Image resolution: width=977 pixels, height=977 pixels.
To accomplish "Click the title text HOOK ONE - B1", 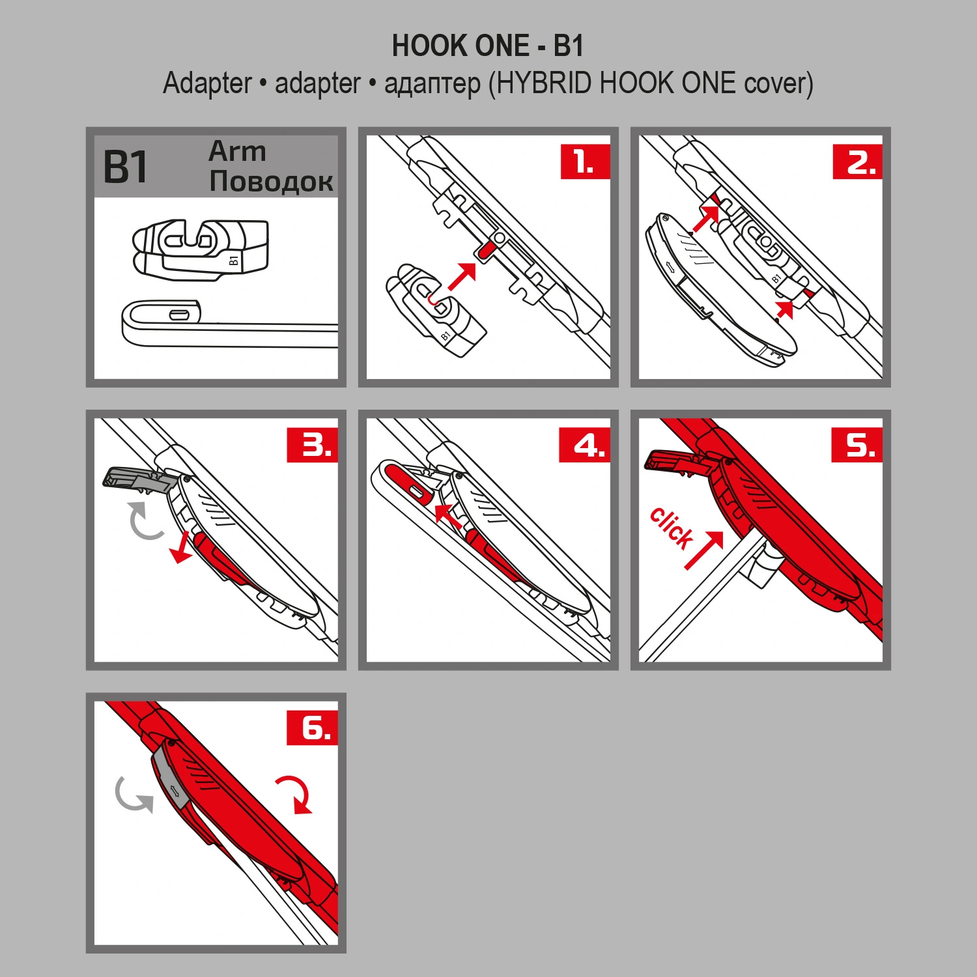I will [x=487, y=46].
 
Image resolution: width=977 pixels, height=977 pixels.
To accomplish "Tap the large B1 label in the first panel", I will [x=126, y=167].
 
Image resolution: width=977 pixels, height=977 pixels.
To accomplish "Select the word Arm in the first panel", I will [x=237, y=152].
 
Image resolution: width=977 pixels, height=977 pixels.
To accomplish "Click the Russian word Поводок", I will [x=271, y=181].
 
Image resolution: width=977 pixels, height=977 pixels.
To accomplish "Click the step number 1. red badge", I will [x=584, y=161].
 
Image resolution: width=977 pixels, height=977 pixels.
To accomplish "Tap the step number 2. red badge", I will [x=857, y=161].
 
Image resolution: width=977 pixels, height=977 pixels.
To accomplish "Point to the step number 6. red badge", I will [x=312, y=727].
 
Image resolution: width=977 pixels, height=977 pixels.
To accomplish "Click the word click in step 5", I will [x=672, y=527].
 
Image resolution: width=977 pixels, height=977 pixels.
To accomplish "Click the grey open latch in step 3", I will [x=137, y=479].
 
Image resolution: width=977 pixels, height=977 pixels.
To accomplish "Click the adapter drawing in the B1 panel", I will [x=201, y=249].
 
